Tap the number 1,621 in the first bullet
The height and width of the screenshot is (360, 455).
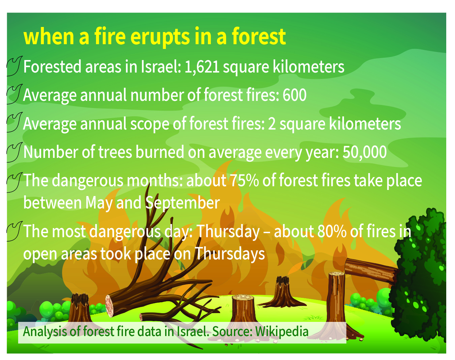pos(202,67)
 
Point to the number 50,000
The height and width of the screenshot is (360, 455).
pos(365,152)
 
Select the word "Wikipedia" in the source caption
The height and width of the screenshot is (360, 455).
pos(282,331)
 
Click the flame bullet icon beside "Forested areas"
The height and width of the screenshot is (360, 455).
pos(14,66)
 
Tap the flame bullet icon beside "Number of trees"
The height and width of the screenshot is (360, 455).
pos(14,153)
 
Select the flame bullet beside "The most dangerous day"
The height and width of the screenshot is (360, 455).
pos(14,231)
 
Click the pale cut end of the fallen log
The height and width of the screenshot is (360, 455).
pos(110,306)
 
